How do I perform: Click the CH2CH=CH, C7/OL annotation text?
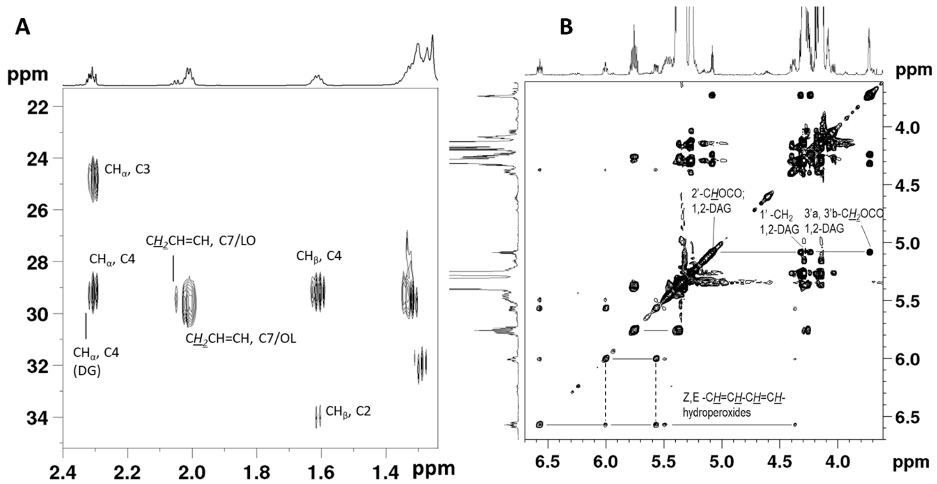(241, 339)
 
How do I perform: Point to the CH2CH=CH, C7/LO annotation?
(201, 241)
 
